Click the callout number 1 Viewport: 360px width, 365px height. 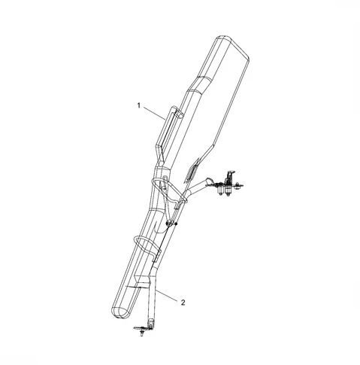pyautogui.click(x=139, y=105)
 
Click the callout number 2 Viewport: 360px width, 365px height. pyautogui.click(x=183, y=303)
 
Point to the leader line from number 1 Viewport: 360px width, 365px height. pyautogui.click(x=154, y=113)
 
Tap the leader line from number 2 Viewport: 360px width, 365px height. pyautogui.click(x=167, y=294)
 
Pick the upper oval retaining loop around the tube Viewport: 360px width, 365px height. pyautogui.click(x=169, y=190)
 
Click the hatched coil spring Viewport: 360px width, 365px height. pyautogui.click(x=192, y=170)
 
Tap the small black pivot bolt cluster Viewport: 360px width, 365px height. pyautogui.click(x=171, y=223)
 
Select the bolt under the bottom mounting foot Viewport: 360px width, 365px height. pyautogui.click(x=142, y=333)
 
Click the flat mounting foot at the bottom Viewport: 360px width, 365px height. pyautogui.click(x=141, y=328)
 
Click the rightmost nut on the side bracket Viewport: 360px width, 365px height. pyautogui.click(x=237, y=186)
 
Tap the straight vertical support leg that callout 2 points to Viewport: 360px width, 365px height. pyautogui.click(x=153, y=299)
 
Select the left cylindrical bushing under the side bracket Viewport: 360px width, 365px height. pyautogui.click(x=220, y=190)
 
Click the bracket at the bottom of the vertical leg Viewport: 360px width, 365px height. pyautogui.click(x=151, y=324)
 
